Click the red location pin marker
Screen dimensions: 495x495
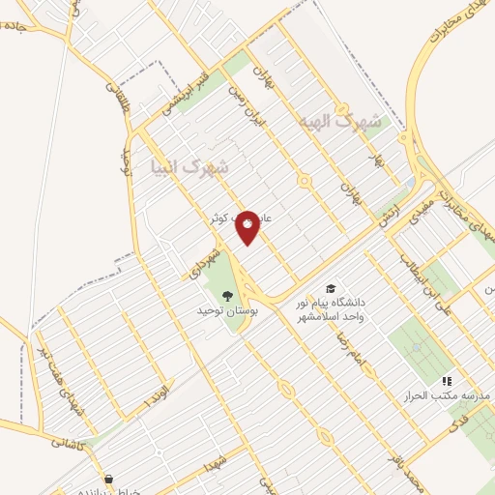(248, 226)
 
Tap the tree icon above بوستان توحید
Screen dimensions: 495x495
(227, 296)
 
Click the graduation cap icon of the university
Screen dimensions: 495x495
(331, 289)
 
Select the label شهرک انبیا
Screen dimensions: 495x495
(192, 168)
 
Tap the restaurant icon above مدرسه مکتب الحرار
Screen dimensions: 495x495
(447, 381)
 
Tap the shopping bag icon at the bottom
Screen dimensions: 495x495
(107, 479)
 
